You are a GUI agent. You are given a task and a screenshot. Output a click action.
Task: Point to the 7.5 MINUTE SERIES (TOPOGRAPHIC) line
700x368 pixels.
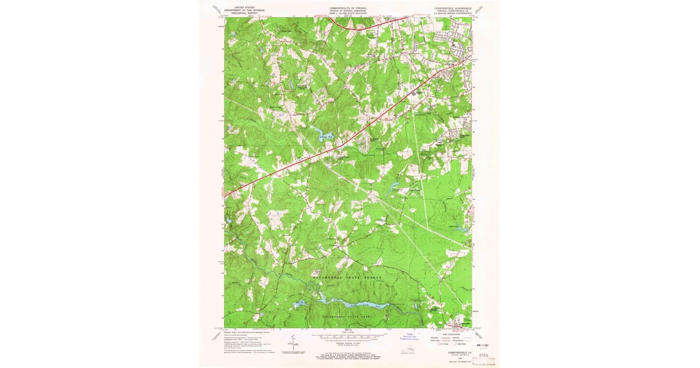click(x=452, y=14)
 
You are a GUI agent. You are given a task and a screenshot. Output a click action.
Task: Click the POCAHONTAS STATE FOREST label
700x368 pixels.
click(x=348, y=277)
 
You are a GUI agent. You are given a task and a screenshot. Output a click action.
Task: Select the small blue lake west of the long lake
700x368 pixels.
click(x=300, y=303)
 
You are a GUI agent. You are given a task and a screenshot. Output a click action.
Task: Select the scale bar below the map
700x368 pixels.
click(x=348, y=336)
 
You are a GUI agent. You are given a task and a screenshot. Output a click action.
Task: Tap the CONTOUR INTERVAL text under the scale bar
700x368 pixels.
click(x=348, y=342)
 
